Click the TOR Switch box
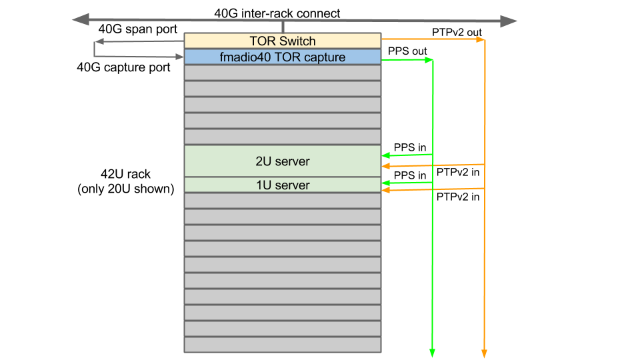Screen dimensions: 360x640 click(x=282, y=41)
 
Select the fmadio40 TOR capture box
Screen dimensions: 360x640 click(x=282, y=57)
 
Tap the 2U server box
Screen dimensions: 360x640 click(x=282, y=161)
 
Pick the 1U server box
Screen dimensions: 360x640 click(x=282, y=185)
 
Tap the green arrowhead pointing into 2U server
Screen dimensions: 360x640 click(x=386, y=156)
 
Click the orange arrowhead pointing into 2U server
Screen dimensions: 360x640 click(x=386, y=166)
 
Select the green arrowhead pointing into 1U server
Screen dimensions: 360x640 click(x=386, y=182)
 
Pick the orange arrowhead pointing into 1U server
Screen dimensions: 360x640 click(x=386, y=191)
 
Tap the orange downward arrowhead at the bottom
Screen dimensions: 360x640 click(x=484, y=353)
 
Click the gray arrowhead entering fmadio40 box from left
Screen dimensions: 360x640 click(x=180, y=57)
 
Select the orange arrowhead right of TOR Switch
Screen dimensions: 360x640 click(x=480, y=40)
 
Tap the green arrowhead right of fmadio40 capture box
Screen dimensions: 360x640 click(x=429, y=60)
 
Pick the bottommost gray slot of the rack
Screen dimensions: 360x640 click(x=282, y=345)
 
